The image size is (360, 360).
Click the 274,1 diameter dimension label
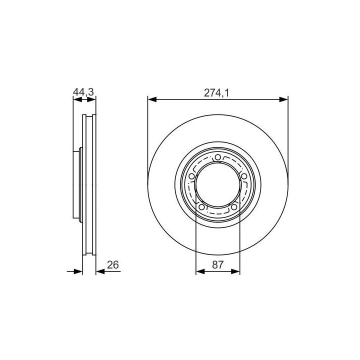(216, 93)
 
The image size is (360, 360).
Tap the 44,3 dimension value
(83, 92)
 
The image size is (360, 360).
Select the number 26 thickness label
(113, 264)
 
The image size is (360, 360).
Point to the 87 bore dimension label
(217, 264)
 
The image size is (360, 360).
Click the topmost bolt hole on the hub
(218, 157)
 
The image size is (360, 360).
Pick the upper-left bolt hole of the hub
(191, 176)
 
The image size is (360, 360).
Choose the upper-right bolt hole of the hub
(244, 176)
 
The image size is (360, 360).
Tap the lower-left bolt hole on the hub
(201, 207)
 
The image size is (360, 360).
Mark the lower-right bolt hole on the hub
(234, 207)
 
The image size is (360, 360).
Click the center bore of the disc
(217, 185)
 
